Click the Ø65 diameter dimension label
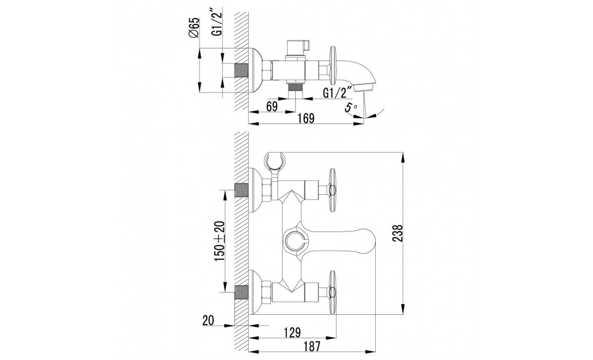[x=194, y=28]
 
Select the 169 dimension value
[x=306, y=118]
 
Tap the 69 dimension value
[x=272, y=107]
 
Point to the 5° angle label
[x=351, y=107]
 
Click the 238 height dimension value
[x=397, y=233]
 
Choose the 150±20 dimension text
[x=219, y=241]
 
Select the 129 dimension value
[x=292, y=333]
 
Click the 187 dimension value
[x=312, y=346]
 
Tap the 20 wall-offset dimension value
[x=208, y=321]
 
